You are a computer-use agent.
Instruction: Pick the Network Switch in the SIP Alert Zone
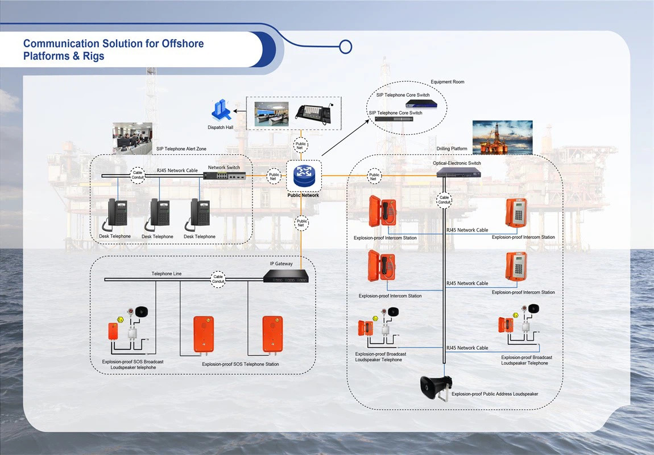click(x=225, y=176)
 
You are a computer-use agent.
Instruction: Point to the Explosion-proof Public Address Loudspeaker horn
click(x=434, y=387)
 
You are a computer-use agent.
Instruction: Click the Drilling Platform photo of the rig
click(x=502, y=137)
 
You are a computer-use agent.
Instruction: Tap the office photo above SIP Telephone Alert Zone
click(x=133, y=138)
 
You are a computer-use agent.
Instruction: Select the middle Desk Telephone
click(x=159, y=214)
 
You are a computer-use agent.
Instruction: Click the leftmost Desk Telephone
click(x=118, y=214)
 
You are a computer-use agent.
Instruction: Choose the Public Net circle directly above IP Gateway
click(x=302, y=223)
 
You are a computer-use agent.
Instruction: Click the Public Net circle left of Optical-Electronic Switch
click(x=374, y=176)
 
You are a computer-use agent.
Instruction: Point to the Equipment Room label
click(x=447, y=82)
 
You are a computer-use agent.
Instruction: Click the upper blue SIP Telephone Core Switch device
click(x=422, y=104)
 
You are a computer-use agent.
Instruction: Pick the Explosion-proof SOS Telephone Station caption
click(x=241, y=364)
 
